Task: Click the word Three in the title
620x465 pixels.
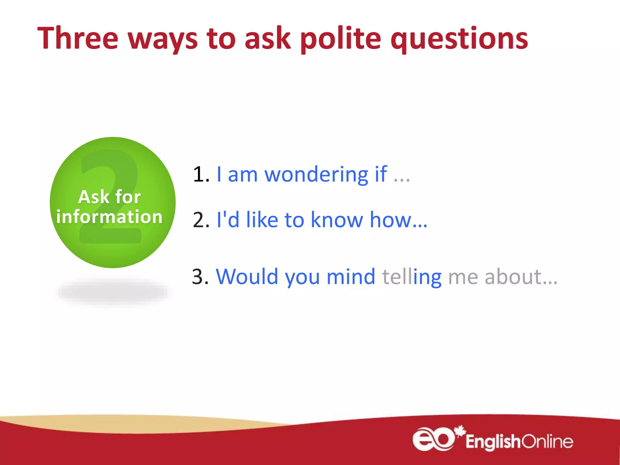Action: [x=78, y=38]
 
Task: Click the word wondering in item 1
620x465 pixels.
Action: [x=316, y=175]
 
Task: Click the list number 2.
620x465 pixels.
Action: [x=200, y=220]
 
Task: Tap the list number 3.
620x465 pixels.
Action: [x=200, y=277]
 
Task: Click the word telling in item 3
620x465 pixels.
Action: [x=412, y=277]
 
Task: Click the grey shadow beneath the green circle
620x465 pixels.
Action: [x=112, y=292]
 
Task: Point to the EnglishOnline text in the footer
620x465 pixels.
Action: [x=519, y=442]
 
